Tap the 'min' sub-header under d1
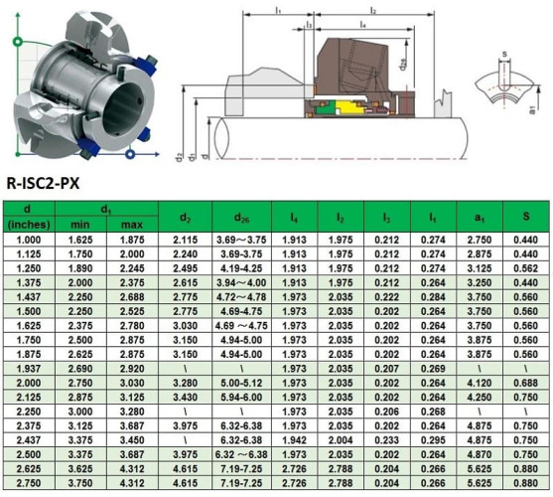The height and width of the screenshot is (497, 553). point(80,225)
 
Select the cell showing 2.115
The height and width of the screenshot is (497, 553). point(186,240)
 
